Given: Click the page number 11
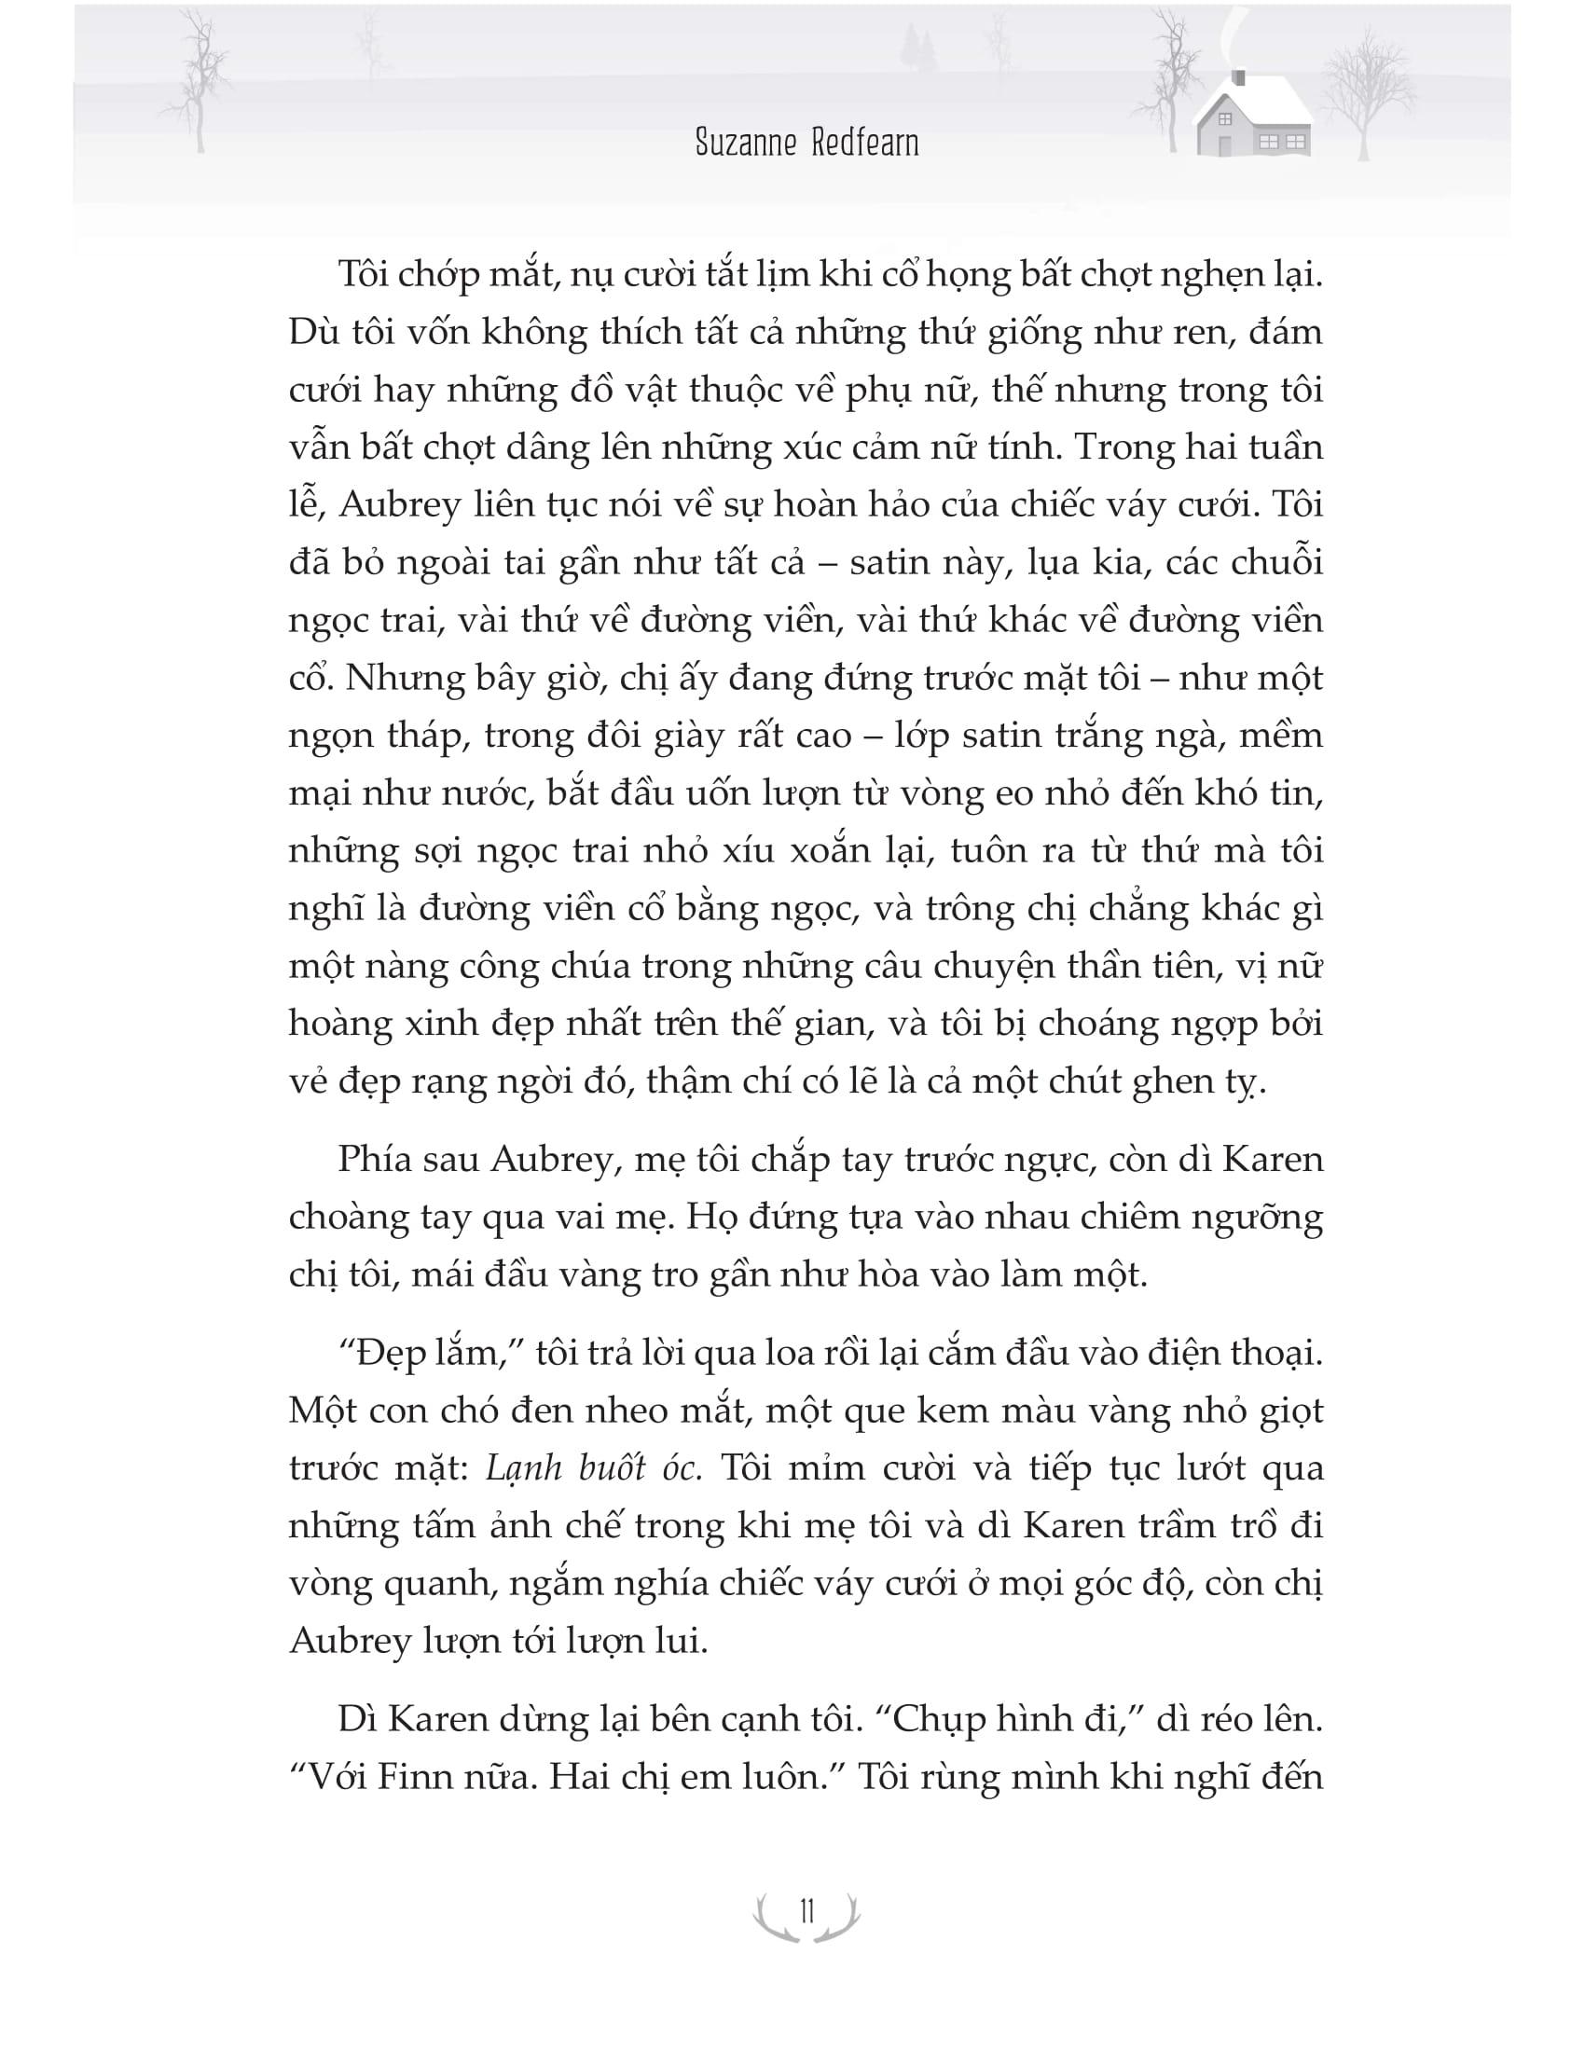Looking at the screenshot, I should point(805,1912).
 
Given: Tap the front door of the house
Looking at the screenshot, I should point(1223,145).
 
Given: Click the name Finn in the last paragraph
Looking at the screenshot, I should point(389,1778).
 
